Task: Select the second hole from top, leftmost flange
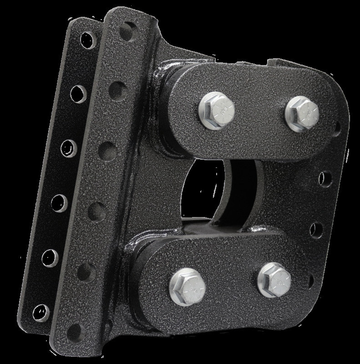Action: tap(79, 93)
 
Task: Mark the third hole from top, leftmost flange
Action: tap(68, 148)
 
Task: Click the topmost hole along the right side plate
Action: tap(337, 126)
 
